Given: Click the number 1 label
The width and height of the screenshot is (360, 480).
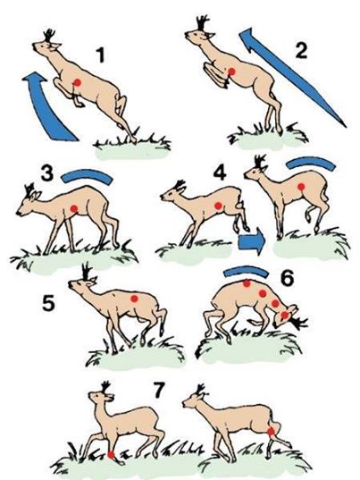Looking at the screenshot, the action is click(x=100, y=55).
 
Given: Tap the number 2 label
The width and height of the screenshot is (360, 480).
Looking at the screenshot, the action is click(x=301, y=51).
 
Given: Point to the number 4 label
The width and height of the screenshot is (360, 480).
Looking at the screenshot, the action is click(x=220, y=173).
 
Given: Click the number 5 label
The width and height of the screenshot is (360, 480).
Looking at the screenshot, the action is click(x=48, y=304).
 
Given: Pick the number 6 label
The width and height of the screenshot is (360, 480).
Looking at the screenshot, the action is click(x=288, y=279).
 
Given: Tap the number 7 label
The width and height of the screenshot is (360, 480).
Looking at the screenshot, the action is click(x=159, y=391).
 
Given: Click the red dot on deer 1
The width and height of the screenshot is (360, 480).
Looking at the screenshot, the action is click(x=78, y=82).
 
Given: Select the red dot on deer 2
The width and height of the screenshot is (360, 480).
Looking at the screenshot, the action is click(x=231, y=72).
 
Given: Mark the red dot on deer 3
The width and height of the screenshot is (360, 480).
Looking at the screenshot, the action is click(x=74, y=208).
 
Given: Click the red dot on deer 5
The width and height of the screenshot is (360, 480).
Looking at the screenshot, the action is click(x=134, y=299).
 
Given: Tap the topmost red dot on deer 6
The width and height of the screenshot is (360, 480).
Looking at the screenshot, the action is click(x=247, y=283).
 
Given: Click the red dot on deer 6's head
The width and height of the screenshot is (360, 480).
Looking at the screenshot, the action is click(x=285, y=315).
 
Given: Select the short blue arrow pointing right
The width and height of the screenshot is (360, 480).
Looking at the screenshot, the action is click(x=251, y=241).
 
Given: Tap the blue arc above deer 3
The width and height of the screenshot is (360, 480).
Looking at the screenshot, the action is click(x=88, y=176).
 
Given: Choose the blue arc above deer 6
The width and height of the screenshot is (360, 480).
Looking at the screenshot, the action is click(x=247, y=271).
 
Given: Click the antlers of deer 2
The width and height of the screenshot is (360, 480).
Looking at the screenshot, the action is click(x=203, y=23).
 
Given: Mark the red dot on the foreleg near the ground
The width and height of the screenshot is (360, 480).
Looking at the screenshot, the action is click(x=111, y=455).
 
